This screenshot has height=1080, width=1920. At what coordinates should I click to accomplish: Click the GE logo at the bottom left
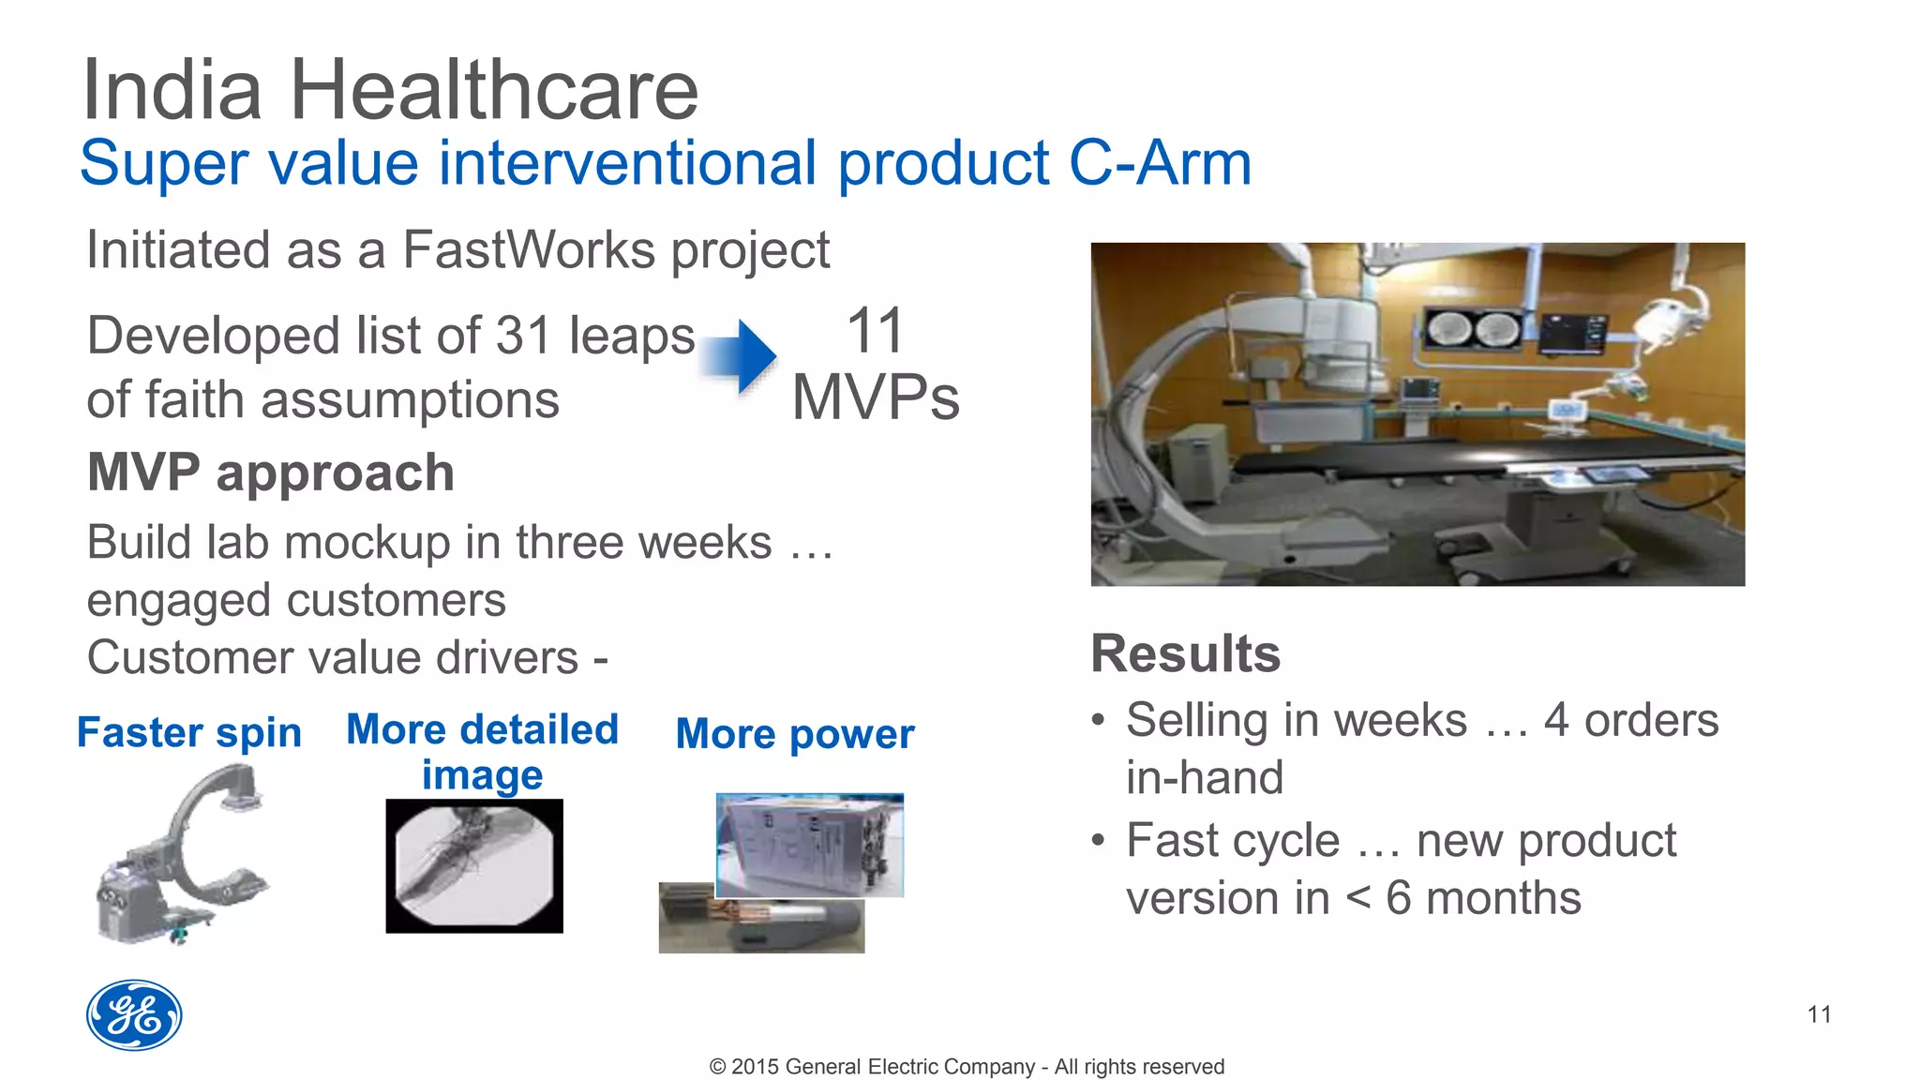tap(134, 1015)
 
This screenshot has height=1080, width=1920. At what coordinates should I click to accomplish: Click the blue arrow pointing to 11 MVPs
tap(741, 356)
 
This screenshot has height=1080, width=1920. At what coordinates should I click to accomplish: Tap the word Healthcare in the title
tap(494, 90)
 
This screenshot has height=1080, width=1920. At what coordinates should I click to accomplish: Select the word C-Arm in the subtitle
tap(1160, 164)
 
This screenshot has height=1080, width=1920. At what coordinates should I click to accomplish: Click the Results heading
tap(1185, 653)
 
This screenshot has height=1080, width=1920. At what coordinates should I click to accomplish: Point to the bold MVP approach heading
tap(270, 472)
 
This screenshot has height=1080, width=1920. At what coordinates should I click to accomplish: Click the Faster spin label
tap(188, 732)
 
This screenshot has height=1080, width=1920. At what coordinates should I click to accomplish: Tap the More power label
tap(794, 734)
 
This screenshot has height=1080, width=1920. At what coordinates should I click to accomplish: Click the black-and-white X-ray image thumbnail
tap(474, 865)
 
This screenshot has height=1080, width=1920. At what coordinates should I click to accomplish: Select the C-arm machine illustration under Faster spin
tap(183, 853)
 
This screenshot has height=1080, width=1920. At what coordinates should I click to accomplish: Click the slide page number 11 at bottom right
tap(1819, 1014)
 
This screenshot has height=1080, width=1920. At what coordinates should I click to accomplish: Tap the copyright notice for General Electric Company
tap(967, 1067)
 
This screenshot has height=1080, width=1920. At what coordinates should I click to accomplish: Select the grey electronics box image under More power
tap(810, 844)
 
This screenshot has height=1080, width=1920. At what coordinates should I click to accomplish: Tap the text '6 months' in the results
tap(1483, 898)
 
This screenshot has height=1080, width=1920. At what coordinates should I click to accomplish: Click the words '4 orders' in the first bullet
tap(1630, 721)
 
